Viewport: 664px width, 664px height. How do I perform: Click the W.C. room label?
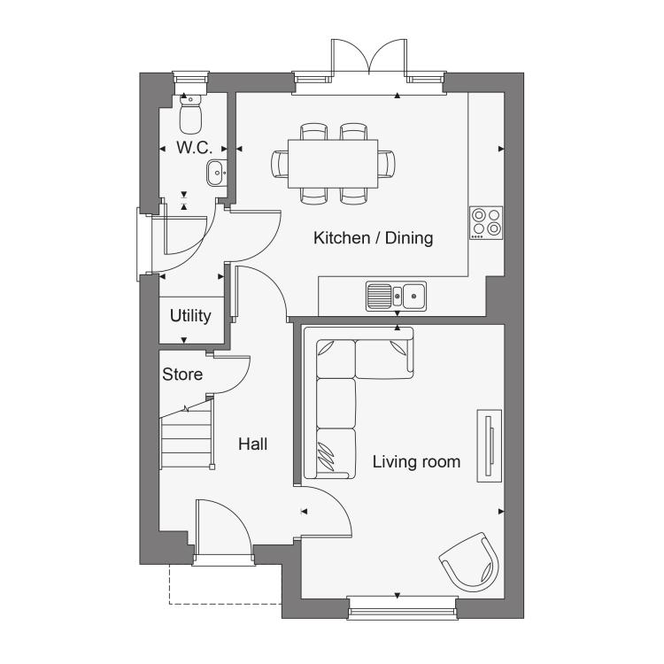pos(194,148)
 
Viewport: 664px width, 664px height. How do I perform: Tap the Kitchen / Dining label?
pos(373,238)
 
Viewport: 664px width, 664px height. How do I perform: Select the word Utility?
pos(190,316)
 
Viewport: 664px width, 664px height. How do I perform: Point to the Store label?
pos(182,374)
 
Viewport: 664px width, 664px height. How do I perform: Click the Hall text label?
pos(253,444)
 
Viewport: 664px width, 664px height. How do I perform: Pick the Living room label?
pos(416,461)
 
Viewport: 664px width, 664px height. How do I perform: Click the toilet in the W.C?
pos(190,115)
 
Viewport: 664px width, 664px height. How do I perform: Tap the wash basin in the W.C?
pos(217,173)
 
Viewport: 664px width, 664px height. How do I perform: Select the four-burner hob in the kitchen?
pos(486,223)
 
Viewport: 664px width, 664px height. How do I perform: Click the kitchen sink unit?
pos(396,296)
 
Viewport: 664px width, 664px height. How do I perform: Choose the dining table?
pos(333,164)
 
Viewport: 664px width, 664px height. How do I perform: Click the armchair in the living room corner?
pos(470,562)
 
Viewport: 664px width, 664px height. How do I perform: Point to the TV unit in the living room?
pos(490,445)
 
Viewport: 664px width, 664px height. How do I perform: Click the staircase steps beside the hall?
pos(186,440)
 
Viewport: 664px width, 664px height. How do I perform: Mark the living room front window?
pos(402,607)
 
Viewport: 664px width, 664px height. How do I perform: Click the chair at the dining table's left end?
pos(280,164)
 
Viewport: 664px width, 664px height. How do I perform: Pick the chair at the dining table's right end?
pos(386,164)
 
